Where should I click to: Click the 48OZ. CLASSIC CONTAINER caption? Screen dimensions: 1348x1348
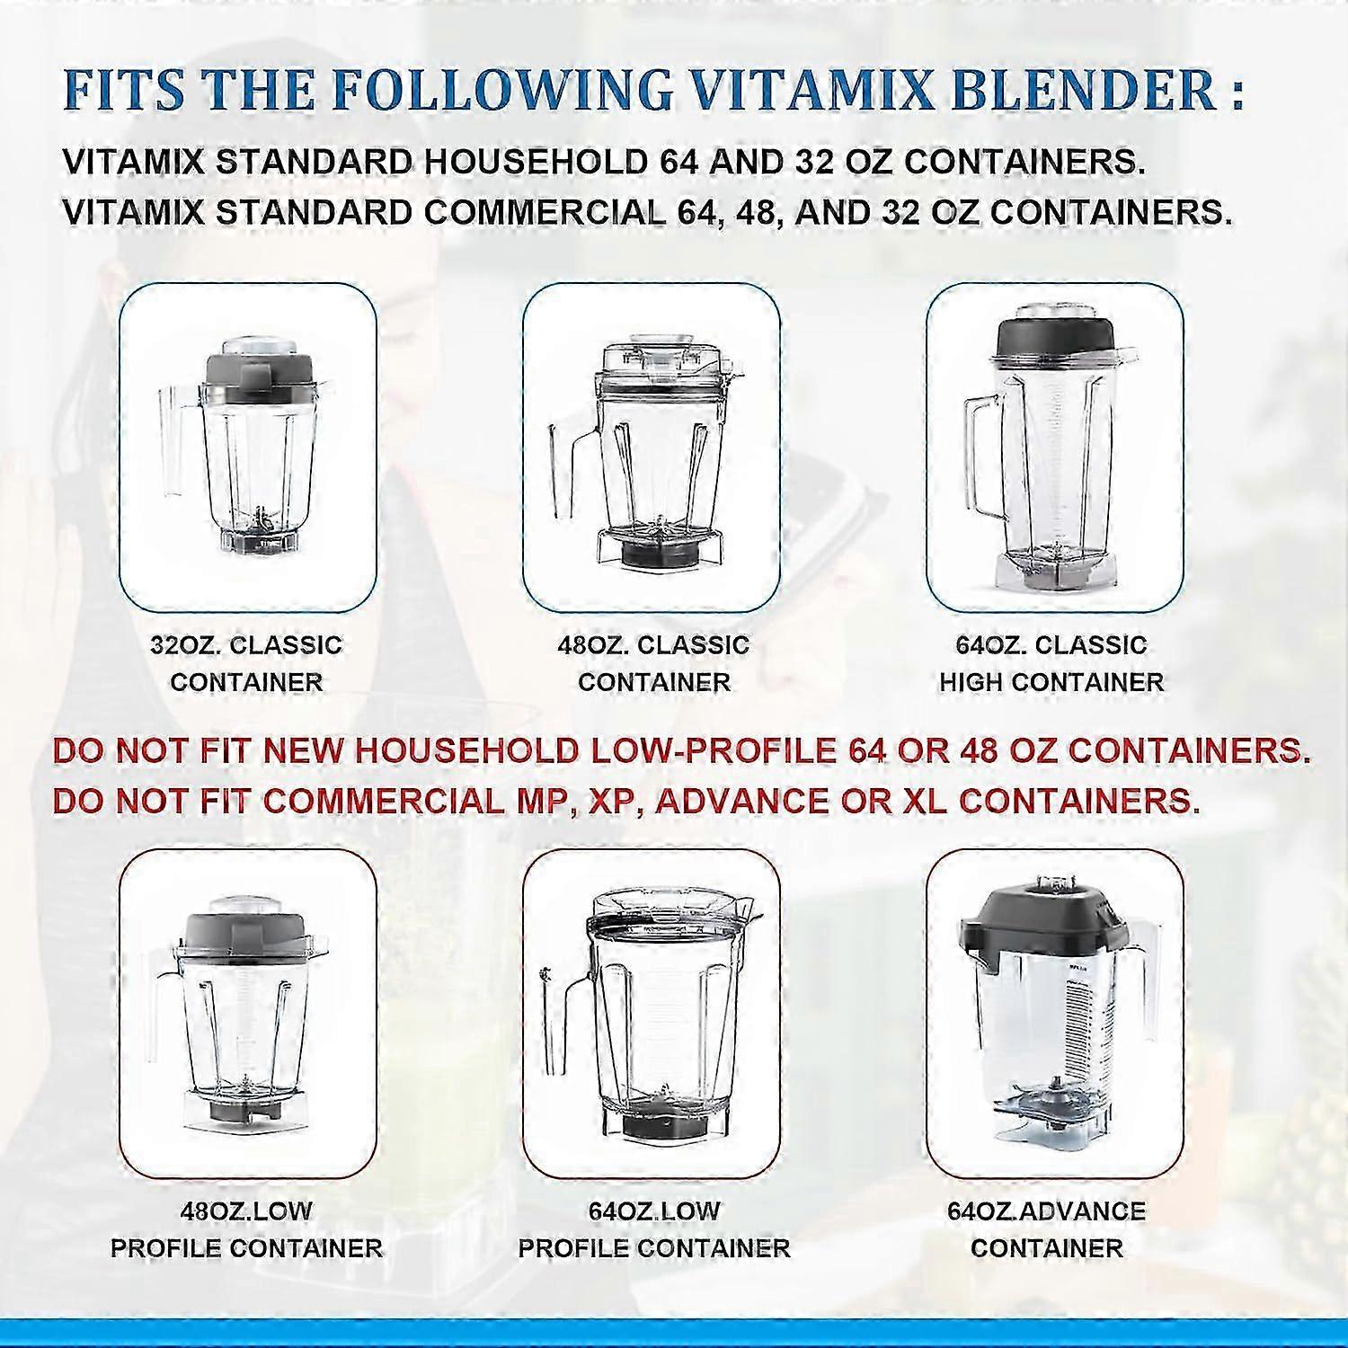[x=653, y=663]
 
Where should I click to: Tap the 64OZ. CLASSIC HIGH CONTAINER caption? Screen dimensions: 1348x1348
[x=1051, y=663]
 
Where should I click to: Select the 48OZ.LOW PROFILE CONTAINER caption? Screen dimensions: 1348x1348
[x=246, y=1229]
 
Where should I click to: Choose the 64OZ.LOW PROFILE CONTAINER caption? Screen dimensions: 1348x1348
[x=654, y=1229]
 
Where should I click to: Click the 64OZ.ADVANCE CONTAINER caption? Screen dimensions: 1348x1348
[x=1047, y=1229]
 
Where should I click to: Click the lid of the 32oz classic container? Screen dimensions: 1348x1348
[x=260, y=370]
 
